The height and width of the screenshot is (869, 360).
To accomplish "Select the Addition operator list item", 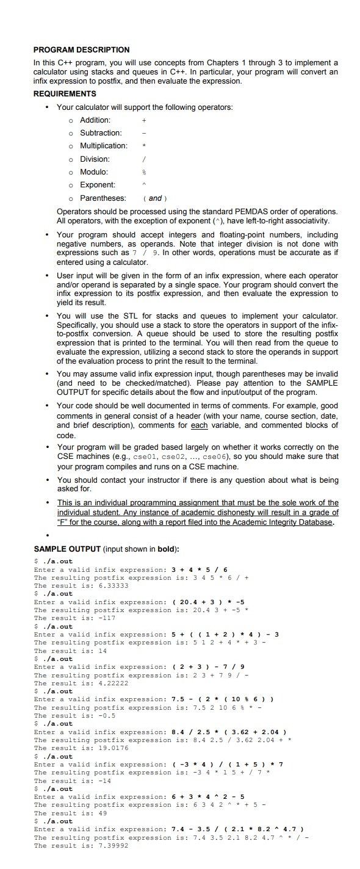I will [x=95, y=120].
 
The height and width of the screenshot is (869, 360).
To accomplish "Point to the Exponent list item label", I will [x=98, y=184].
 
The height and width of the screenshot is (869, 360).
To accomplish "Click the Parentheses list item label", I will [x=103, y=198].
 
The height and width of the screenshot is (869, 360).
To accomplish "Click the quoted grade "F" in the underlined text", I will [x=63, y=522].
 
